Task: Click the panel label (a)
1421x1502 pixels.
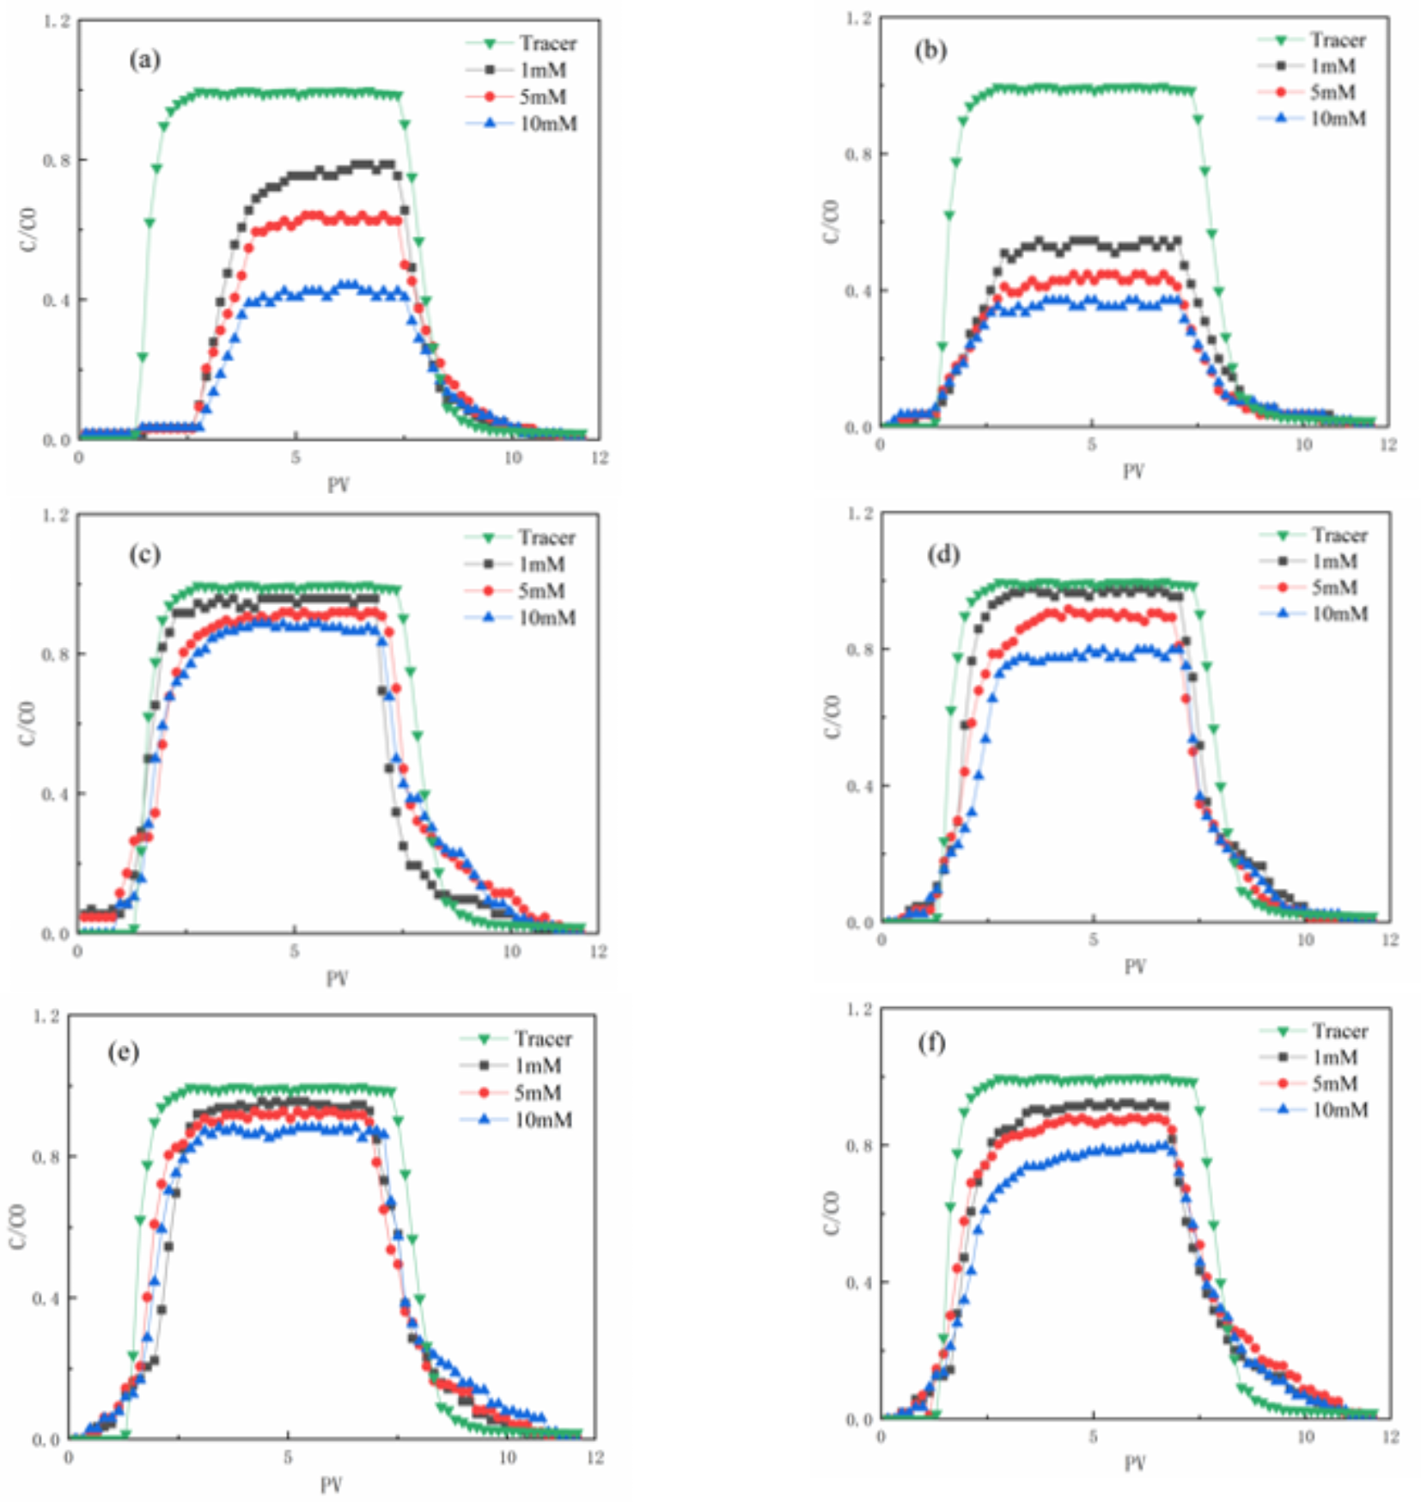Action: tap(144, 59)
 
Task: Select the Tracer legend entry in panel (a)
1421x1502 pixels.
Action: tap(547, 43)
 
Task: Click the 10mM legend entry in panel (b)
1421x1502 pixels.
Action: tap(1338, 119)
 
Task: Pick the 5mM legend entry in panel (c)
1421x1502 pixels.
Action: tap(541, 591)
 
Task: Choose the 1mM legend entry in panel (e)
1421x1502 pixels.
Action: tap(538, 1065)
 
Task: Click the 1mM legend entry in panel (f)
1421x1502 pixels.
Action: tap(1334, 1057)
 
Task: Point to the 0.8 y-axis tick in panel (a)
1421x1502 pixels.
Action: tap(57, 160)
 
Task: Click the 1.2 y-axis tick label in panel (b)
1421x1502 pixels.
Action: tap(858, 18)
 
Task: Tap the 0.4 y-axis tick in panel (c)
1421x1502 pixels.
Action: tap(55, 793)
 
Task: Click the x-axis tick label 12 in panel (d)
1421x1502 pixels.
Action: tap(1389, 940)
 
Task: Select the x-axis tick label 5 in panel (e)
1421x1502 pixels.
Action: tap(288, 1457)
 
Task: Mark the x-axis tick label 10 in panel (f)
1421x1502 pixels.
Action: tap(1305, 1436)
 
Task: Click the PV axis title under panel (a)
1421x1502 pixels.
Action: tap(338, 485)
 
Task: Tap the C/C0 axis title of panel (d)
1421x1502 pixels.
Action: tap(832, 717)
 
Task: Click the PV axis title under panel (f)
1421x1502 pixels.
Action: tap(1134, 1462)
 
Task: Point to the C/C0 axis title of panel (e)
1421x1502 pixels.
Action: tap(17, 1226)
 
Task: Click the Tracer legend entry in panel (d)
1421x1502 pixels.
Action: tap(1339, 535)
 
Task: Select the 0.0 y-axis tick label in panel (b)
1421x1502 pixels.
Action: tap(858, 427)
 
